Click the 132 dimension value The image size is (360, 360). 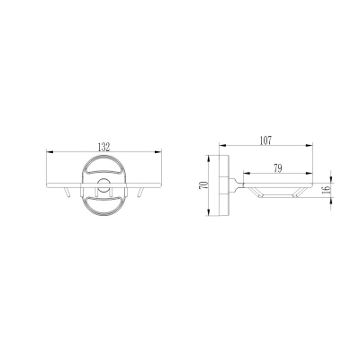coord(104,147)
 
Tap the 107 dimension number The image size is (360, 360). coord(265,140)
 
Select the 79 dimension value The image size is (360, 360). coord(278,168)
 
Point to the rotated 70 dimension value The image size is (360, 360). coord(202,185)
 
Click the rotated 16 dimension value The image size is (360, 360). coord(327,189)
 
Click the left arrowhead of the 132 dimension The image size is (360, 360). coord(49,152)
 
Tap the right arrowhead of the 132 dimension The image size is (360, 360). coord(157,152)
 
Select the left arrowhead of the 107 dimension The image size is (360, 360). coord(222,146)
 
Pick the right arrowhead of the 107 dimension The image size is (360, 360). coord(310,146)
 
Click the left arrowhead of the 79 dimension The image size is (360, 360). coord(247,173)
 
